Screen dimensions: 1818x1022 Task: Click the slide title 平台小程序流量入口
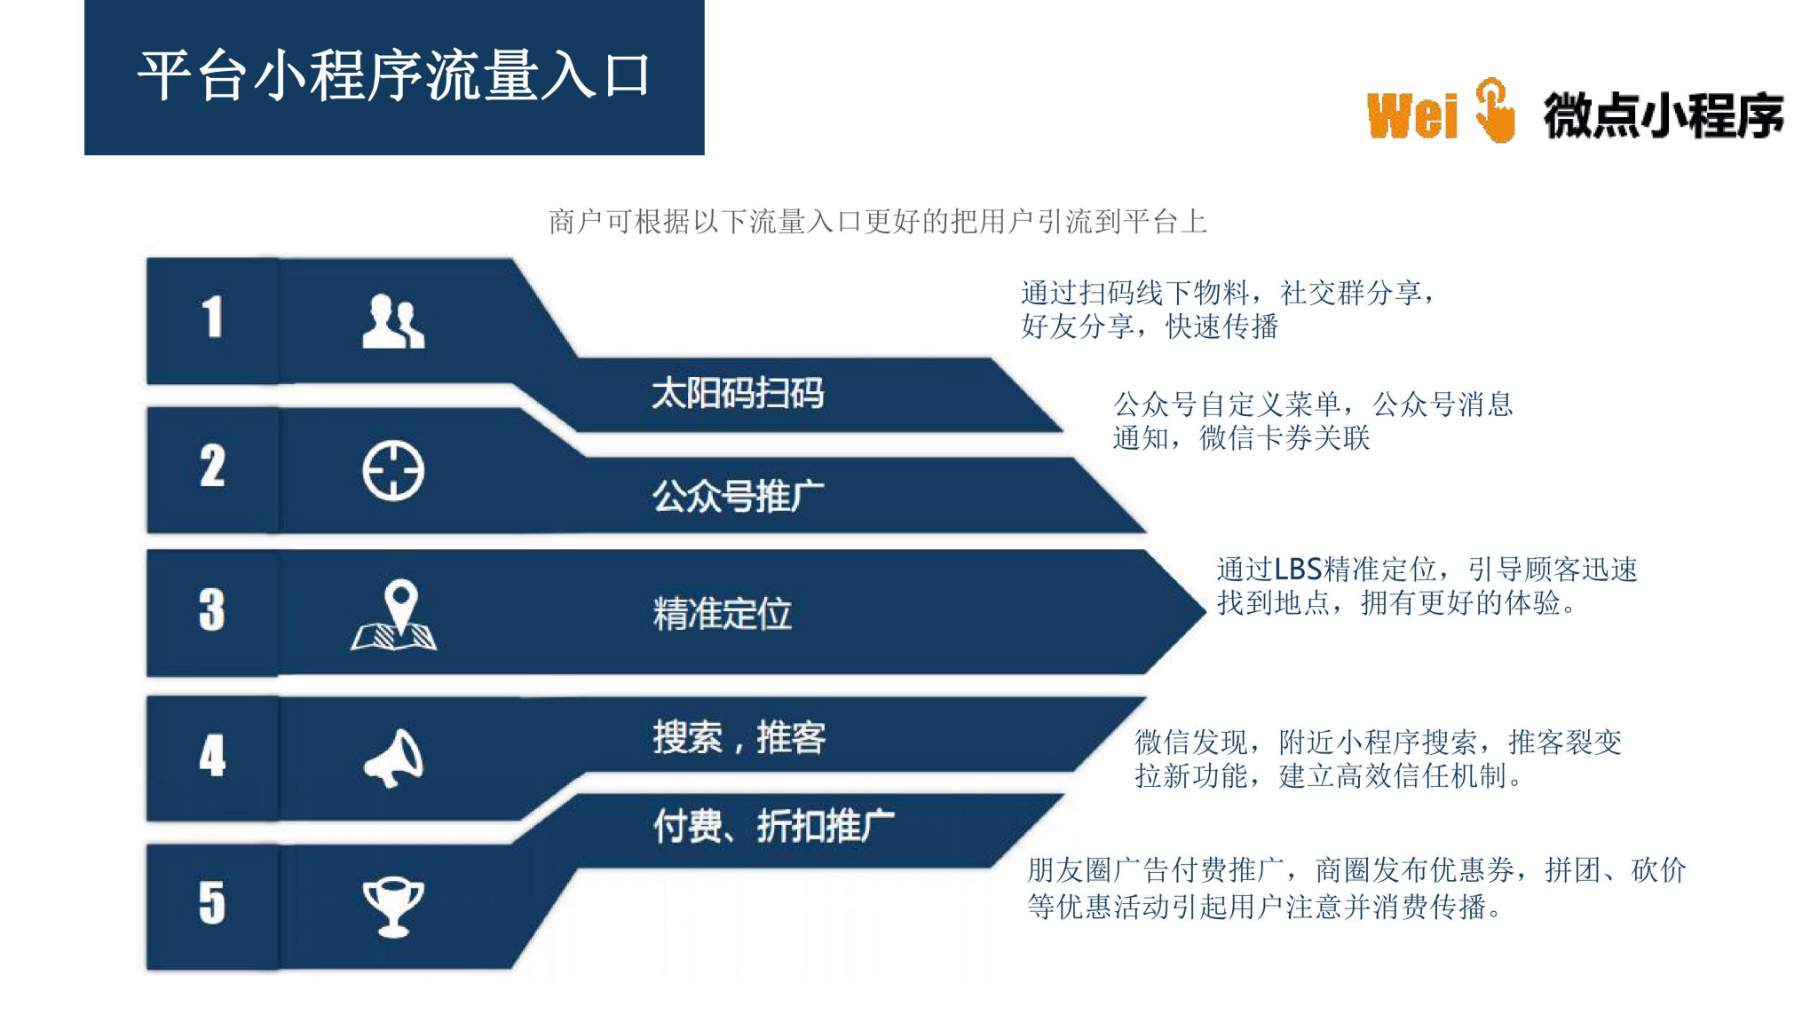pyautogui.click(x=394, y=75)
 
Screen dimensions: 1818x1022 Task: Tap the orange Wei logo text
pyautogui.click(x=1412, y=116)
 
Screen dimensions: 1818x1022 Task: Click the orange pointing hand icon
pyautogui.click(x=1495, y=110)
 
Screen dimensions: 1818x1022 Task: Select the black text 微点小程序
pyautogui.click(x=1664, y=115)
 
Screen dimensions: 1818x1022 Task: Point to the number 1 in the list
pyautogui.click(x=212, y=317)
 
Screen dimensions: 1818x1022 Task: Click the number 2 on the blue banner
pyautogui.click(x=212, y=466)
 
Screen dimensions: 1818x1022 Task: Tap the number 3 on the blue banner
pyautogui.click(x=212, y=609)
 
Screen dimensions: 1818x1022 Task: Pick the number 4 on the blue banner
pyautogui.click(x=212, y=756)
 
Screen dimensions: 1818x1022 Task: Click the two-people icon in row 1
pyautogui.click(x=393, y=321)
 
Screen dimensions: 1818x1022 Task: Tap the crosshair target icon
pyautogui.click(x=393, y=470)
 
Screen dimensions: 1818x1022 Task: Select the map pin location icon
pyautogui.click(x=394, y=615)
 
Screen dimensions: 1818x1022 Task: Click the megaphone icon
pyautogui.click(x=394, y=759)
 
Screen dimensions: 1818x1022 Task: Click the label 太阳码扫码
pyautogui.click(x=738, y=393)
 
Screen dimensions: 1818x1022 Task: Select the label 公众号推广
pyautogui.click(x=738, y=496)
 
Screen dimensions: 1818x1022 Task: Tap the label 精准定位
pyautogui.click(x=722, y=614)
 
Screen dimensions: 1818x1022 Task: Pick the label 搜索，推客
pyautogui.click(x=739, y=737)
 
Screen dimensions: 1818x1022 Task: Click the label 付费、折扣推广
pyautogui.click(x=773, y=826)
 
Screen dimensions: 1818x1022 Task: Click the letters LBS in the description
pyautogui.click(x=1299, y=569)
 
